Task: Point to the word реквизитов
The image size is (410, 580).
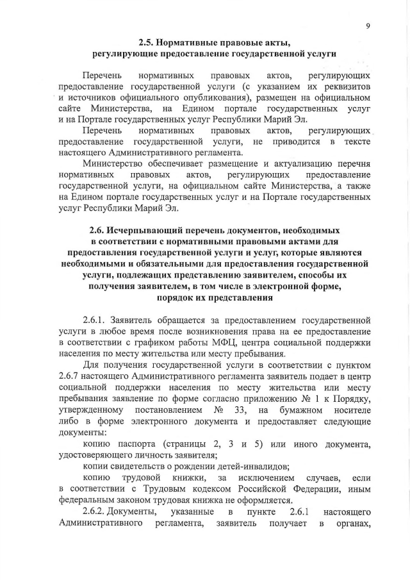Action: (344, 86)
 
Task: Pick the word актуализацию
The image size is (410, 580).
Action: (292, 164)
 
